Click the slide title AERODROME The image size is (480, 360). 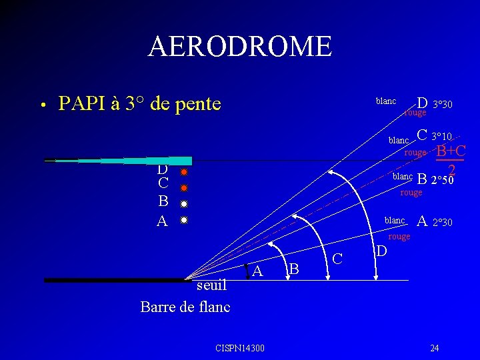click(x=240, y=47)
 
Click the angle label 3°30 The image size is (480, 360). click(x=443, y=105)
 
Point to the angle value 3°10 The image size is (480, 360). click(x=441, y=136)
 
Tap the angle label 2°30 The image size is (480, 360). click(x=443, y=223)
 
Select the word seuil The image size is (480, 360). click(x=213, y=285)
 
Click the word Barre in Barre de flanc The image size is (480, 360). click(x=159, y=307)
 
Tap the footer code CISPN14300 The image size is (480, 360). click(x=240, y=348)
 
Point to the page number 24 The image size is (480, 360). click(x=435, y=348)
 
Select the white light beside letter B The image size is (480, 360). click(x=184, y=203)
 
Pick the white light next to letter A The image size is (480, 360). click(x=184, y=219)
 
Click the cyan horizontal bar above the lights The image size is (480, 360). click(x=153, y=161)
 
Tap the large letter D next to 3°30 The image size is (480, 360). click(x=422, y=103)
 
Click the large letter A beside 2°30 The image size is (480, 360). click(x=422, y=221)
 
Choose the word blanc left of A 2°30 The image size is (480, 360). click(x=395, y=221)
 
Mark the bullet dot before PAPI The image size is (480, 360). click(x=41, y=105)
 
